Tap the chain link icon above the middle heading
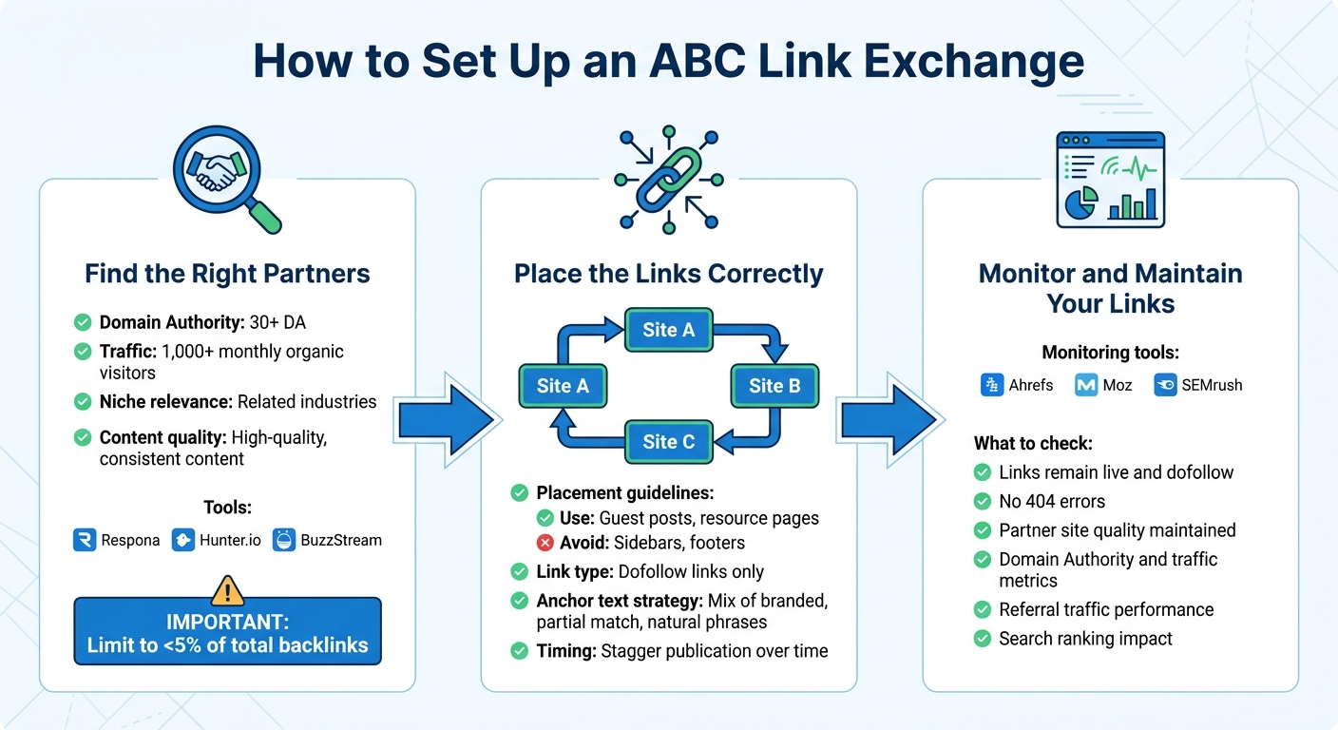click(x=668, y=179)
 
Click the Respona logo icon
click(x=86, y=540)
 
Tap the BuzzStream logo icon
click(x=282, y=540)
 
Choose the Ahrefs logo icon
click(x=992, y=385)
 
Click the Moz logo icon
click(x=1086, y=385)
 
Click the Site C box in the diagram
click(x=668, y=442)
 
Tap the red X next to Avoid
click(x=545, y=543)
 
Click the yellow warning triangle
click(x=227, y=591)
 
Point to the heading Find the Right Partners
click(x=227, y=274)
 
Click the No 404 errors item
click(x=1051, y=501)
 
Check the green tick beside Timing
click(x=520, y=651)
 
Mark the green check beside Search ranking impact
click(x=983, y=639)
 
